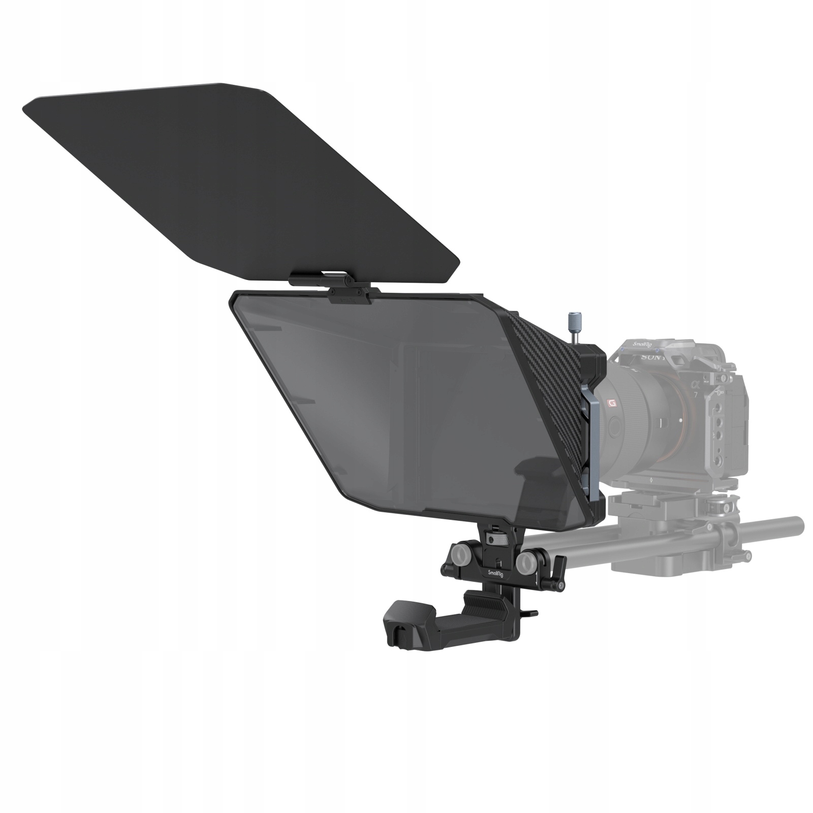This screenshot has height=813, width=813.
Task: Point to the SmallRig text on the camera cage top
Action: tap(636, 345)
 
